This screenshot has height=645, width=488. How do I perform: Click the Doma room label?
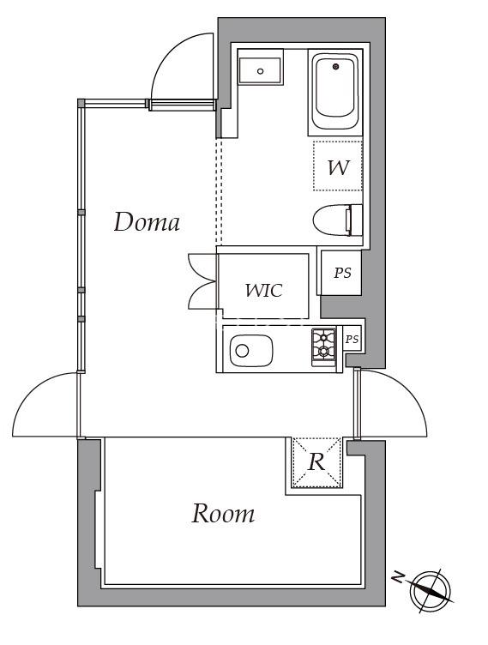pos(147,222)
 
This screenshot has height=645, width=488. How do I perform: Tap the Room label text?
pos(222,514)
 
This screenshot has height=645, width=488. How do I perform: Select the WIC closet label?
pos(263,290)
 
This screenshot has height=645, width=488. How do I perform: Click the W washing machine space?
pos(338,166)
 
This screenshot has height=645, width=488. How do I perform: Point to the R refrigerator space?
pos(316,462)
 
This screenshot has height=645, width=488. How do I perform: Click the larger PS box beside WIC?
pos(341,274)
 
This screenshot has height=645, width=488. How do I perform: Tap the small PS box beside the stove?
pos(352,340)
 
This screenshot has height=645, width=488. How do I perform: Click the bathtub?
pos(335,91)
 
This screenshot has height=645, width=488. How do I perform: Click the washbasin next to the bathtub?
pos(261,69)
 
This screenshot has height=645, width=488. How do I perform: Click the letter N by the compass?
pos(397,577)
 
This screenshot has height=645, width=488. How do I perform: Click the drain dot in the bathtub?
pos(334,66)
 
